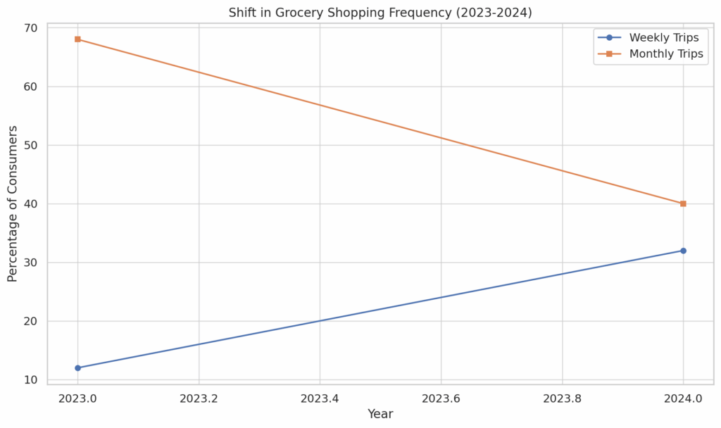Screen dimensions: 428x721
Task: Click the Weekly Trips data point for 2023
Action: [x=77, y=368]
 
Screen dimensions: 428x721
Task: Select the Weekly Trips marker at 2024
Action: [x=683, y=251]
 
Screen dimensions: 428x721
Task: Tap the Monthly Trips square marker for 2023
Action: [x=77, y=39]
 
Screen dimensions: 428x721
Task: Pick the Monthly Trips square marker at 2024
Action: [x=683, y=204]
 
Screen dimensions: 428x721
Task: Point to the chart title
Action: [x=380, y=13]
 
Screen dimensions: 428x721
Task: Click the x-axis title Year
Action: [x=380, y=415]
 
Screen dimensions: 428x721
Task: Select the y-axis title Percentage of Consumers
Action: [x=13, y=203]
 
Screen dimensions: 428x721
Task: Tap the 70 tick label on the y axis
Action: [x=32, y=28]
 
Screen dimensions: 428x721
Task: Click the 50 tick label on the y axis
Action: [x=32, y=146]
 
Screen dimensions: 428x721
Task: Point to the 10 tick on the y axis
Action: [x=32, y=380]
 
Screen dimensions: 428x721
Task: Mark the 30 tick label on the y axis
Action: [x=32, y=263]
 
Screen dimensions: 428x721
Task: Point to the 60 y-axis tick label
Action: [x=32, y=87]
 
